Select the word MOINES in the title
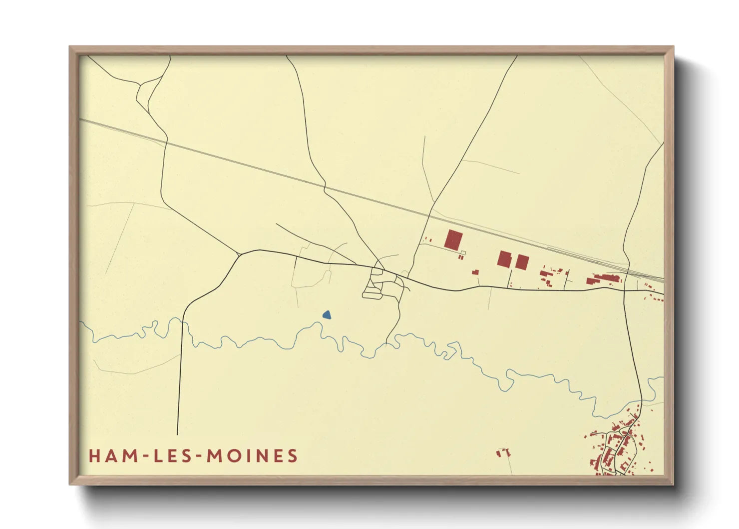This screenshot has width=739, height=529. point(252,456)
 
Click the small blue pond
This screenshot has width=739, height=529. point(327,315)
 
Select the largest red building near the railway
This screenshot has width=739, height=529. point(453,239)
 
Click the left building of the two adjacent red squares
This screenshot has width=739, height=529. point(504,259)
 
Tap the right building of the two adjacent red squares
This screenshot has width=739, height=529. point(522,262)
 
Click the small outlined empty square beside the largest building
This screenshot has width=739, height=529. point(462,252)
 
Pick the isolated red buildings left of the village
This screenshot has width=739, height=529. point(503,452)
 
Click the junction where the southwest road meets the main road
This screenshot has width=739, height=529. point(240,254)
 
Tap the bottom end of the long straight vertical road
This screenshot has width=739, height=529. point(177,433)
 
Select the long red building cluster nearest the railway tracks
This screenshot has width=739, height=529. point(604,278)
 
